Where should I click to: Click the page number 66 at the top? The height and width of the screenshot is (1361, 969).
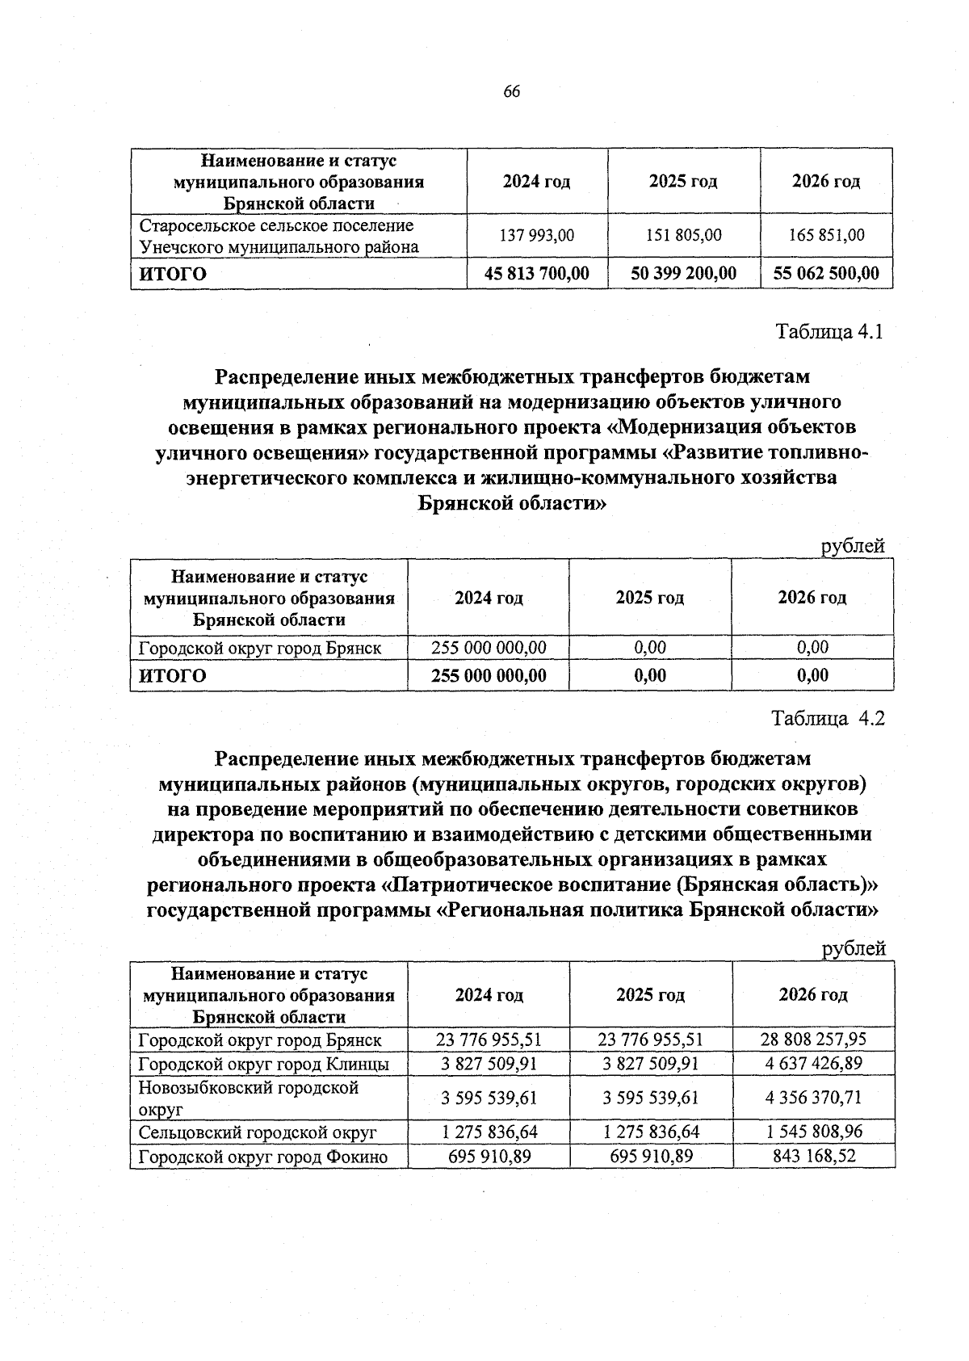coord(512,91)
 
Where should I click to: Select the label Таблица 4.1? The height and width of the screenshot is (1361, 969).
coord(830,332)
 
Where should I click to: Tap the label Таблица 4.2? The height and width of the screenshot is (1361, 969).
coord(828,718)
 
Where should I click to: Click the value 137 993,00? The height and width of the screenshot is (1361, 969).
coord(537,235)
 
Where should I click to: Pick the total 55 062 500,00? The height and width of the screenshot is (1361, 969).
coord(826,274)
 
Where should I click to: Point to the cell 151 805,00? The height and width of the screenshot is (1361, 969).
coord(683,235)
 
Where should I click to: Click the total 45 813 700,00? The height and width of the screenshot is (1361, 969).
coord(537,274)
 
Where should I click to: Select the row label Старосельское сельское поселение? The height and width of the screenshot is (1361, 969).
coord(276,225)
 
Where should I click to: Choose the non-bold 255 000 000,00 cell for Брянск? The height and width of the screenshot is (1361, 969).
coord(489,647)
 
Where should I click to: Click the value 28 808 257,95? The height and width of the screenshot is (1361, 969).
coord(813,1039)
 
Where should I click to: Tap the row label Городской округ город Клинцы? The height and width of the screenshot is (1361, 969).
coord(264,1064)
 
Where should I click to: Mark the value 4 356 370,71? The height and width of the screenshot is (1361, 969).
coord(813,1098)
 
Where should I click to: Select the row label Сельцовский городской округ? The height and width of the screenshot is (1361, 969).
coord(258,1132)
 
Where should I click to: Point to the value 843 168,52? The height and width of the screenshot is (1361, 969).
coord(813,1156)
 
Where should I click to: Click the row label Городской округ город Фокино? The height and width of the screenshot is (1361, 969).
coord(263,1157)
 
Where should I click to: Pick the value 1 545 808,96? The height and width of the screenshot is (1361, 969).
coord(813,1132)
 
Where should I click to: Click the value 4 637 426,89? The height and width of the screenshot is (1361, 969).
coord(813,1063)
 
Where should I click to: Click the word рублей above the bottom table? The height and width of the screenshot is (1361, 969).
coord(854,948)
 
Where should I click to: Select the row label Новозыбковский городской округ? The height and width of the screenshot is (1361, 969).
coord(249,1098)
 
